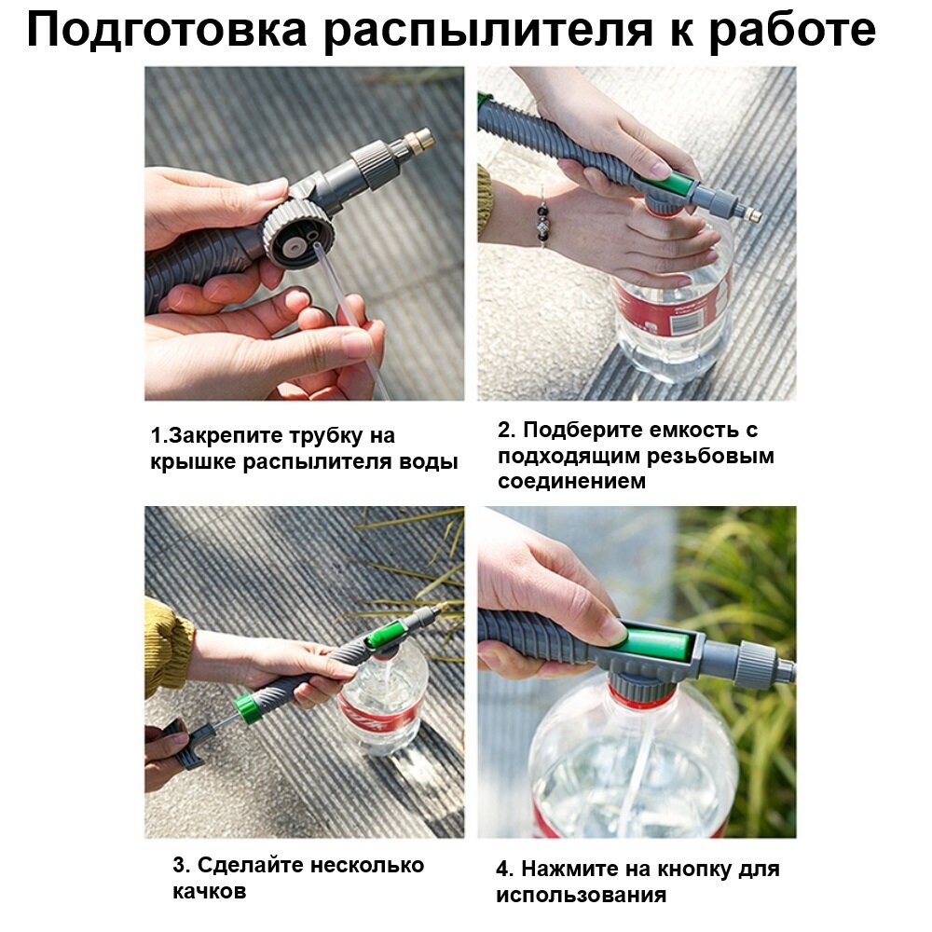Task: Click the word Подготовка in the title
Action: tap(167, 30)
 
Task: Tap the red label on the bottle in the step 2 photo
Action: tap(672, 306)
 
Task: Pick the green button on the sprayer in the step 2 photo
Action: tap(671, 186)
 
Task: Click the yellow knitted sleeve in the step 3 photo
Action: tap(168, 646)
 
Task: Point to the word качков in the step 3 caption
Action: tap(209, 892)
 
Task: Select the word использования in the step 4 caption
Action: tap(582, 896)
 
